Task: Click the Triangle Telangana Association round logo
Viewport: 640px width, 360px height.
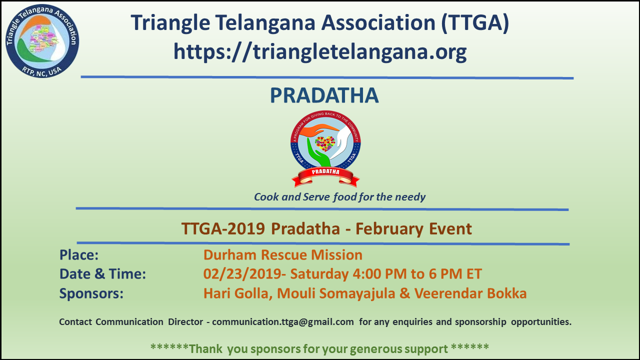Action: (x=42, y=41)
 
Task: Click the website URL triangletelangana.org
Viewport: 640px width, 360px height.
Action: (x=320, y=52)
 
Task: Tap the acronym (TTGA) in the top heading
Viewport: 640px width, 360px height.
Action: (x=475, y=23)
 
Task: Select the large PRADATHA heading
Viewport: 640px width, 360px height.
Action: (x=324, y=95)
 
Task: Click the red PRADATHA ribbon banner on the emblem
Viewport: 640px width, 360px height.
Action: (x=325, y=176)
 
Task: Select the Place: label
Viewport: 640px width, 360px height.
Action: (x=79, y=255)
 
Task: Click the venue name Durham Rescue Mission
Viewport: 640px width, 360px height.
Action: (x=283, y=255)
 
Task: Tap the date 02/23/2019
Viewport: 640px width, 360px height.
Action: (x=242, y=274)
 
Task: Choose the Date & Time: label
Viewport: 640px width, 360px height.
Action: (x=102, y=274)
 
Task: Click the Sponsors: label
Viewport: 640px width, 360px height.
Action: (x=91, y=293)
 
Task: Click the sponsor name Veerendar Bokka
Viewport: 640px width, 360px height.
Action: (x=470, y=293)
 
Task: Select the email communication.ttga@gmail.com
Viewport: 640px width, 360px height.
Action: (x=283, y=322)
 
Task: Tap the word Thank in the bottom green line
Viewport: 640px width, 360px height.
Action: (x=205, y=349)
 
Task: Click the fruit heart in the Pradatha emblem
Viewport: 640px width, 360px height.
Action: (x=325, y=143)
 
